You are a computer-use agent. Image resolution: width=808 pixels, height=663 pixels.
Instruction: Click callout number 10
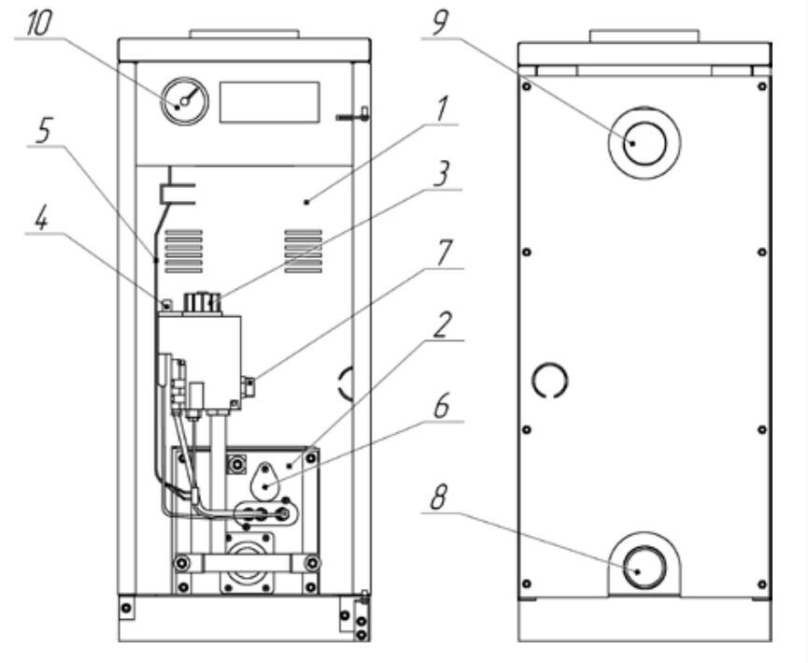(x=38, y=23)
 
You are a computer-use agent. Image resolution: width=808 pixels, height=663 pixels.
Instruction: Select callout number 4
(x=42, y=219)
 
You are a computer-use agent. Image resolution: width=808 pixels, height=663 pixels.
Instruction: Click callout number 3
(x=441, y=174)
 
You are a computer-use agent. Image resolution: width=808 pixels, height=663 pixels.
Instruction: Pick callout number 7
(x=444, y=252)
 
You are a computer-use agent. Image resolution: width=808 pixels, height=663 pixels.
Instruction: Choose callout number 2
(x=442, y=325)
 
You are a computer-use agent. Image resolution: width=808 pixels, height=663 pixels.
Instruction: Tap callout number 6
(x=442, y=406)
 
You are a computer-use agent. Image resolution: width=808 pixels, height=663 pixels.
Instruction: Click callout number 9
(x=440, y=23)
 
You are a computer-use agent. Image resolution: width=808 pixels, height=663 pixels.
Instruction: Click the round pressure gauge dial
(x=184, y=102)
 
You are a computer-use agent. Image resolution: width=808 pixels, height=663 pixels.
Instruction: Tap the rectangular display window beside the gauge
(x=270, y=102)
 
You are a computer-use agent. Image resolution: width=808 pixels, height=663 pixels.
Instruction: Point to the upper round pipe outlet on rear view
(x=645, y=143)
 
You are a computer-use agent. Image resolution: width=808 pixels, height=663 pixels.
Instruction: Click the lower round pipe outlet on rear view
(x=645, y=567)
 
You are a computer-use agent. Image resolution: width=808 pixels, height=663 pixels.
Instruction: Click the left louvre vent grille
(x=183, y=252)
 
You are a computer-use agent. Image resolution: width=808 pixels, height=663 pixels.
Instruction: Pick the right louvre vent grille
(x=304, y=252)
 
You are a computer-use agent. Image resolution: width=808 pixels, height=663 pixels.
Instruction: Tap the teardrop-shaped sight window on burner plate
(x=266, y=481)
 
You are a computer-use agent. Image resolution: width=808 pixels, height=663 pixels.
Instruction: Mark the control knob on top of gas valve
(x=202, y=302)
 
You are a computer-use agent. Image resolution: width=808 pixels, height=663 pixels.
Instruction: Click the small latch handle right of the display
(x=353, y=116)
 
